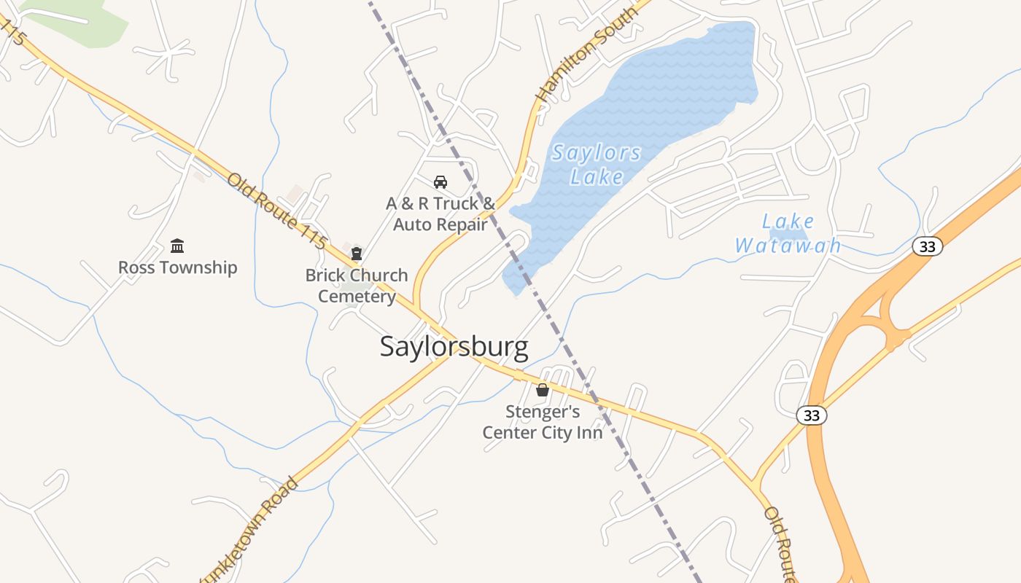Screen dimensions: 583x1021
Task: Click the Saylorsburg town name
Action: pyautogui.click(x=454, y=347)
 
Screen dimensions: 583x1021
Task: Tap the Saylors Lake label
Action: pyautogui.click(x=597, y=165)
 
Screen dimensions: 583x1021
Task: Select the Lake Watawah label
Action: pyautogui.click(x=788, y=233)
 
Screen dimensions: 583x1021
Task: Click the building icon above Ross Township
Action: pyautogui.click(x=177, y=246)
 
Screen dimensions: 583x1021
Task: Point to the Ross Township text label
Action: pyautogui.click(x=178, y=267)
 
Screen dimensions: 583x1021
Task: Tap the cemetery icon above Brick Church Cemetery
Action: pyautogui.click(x=356, y=254)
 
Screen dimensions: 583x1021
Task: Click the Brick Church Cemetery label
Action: pyautogui.click(x=357, y=286)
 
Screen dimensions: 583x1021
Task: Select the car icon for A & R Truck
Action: pyautogui.click(x=440, y=181)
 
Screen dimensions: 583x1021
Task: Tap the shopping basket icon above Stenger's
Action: pyautogui.click(x=542, y=390)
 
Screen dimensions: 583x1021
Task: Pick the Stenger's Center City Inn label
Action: pyautogui.click(x=543, y=422)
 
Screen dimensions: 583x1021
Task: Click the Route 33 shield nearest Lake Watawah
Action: pyautogui.click(x=927, y=246)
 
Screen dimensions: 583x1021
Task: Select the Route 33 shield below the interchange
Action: pyautogui.click(x=812, y=415)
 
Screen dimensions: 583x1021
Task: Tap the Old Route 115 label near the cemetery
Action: pyautogui.click(x=276, y=211)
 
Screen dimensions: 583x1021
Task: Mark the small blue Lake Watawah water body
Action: pyautogui.click(x=791, y=235)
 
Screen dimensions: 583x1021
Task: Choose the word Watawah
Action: pyautogui.click(x=788, y=246)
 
